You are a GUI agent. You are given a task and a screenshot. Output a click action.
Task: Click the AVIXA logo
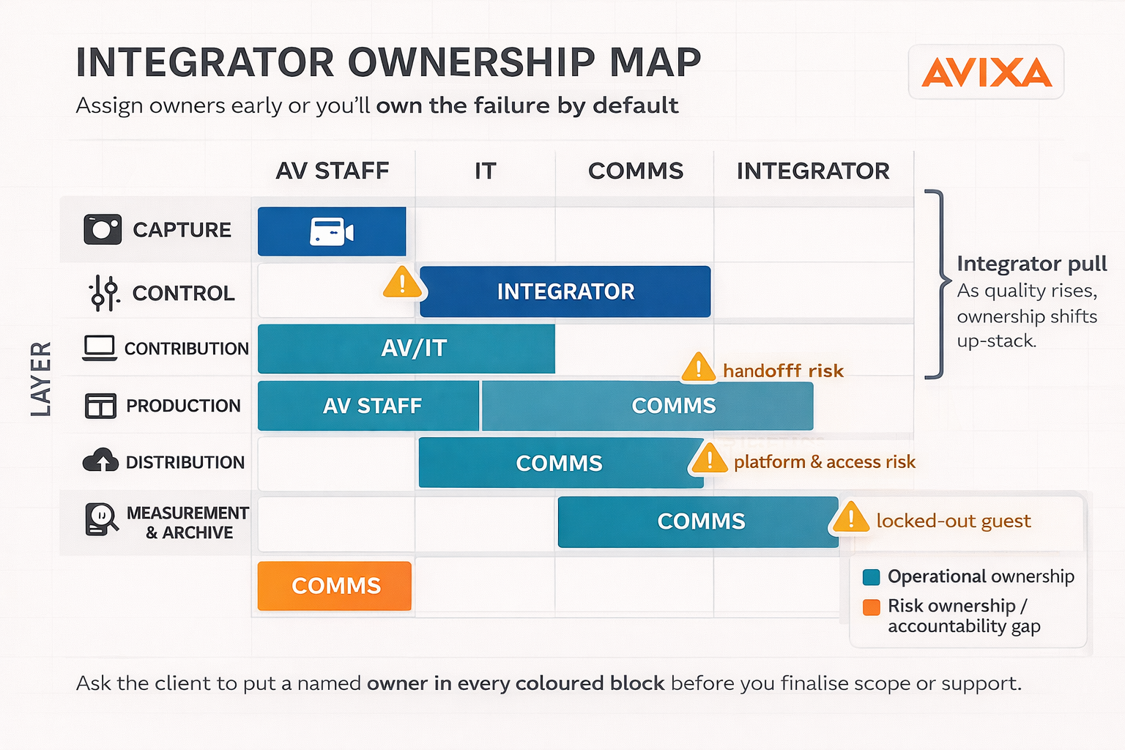point(986,73)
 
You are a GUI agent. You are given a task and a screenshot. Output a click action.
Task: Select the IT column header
point(485,171)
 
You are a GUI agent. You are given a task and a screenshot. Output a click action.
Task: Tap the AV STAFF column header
point(332,171)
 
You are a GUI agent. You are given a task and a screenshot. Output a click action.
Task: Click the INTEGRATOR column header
point(813,171)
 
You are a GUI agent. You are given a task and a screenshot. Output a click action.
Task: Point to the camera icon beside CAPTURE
point(103,229)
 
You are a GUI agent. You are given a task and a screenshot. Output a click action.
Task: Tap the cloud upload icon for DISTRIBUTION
point(100,461)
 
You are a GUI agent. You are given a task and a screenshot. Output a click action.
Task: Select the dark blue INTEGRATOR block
point(565,292)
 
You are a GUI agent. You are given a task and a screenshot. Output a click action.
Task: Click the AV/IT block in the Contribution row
point(406,349)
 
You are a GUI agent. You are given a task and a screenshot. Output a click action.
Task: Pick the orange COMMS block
point(335,586)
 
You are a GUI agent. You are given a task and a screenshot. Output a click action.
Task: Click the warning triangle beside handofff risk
point(698,368)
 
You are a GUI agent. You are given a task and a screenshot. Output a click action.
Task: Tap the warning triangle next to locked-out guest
point(850,517)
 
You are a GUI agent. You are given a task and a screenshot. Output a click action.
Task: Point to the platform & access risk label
point(824,462)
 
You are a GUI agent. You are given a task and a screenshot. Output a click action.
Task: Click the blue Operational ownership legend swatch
point(871,577)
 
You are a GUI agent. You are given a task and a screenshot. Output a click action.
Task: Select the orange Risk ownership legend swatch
point(871,607)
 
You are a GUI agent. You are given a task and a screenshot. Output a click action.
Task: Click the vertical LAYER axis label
point(41,378)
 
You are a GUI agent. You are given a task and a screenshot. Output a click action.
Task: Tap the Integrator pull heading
point(1031,264)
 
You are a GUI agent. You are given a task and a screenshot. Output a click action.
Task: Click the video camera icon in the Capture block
point(332,231)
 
